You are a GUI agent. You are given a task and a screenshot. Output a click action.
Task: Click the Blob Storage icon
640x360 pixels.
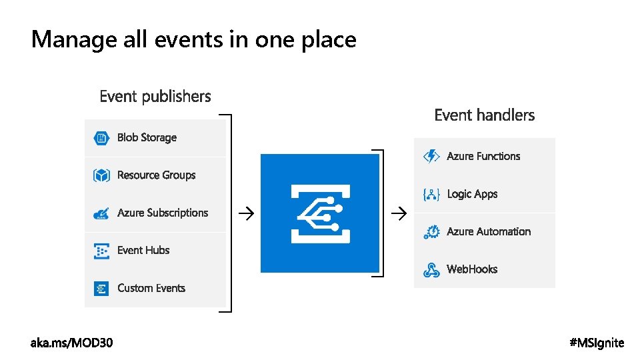(101, 138)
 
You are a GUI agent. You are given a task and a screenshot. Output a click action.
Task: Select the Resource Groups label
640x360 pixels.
(156, 175)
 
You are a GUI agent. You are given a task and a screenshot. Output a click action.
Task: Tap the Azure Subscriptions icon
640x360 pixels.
(101, 213)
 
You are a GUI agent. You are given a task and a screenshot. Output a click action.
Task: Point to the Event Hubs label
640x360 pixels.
(143, 251)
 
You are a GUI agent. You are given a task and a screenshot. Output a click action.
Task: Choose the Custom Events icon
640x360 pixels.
(101, 289)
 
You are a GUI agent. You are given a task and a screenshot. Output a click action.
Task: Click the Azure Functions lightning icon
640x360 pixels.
(431, 156)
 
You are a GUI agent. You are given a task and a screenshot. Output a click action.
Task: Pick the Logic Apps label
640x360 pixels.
(472, 194)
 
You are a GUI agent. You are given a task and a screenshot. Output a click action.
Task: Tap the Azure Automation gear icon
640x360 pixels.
(431, 232)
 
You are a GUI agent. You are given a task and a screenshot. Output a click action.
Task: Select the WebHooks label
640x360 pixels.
(472, 269)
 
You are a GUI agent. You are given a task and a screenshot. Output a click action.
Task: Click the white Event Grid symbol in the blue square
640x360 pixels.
(318, 213)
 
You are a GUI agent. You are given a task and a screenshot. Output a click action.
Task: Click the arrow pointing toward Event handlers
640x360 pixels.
(398, 213)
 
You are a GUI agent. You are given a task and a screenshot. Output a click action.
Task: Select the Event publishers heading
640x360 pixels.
(155, 97)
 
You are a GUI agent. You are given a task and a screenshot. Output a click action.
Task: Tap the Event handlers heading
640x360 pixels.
(484, 115)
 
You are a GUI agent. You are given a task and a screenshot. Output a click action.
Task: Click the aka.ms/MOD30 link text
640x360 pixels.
(72, 343)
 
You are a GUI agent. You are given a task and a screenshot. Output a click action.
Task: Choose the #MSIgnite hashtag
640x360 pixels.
(597, 343)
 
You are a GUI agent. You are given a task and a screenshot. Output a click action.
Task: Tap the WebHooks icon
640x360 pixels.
(431, 269)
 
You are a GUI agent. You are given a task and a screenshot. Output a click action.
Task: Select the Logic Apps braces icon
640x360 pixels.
(431, 194)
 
